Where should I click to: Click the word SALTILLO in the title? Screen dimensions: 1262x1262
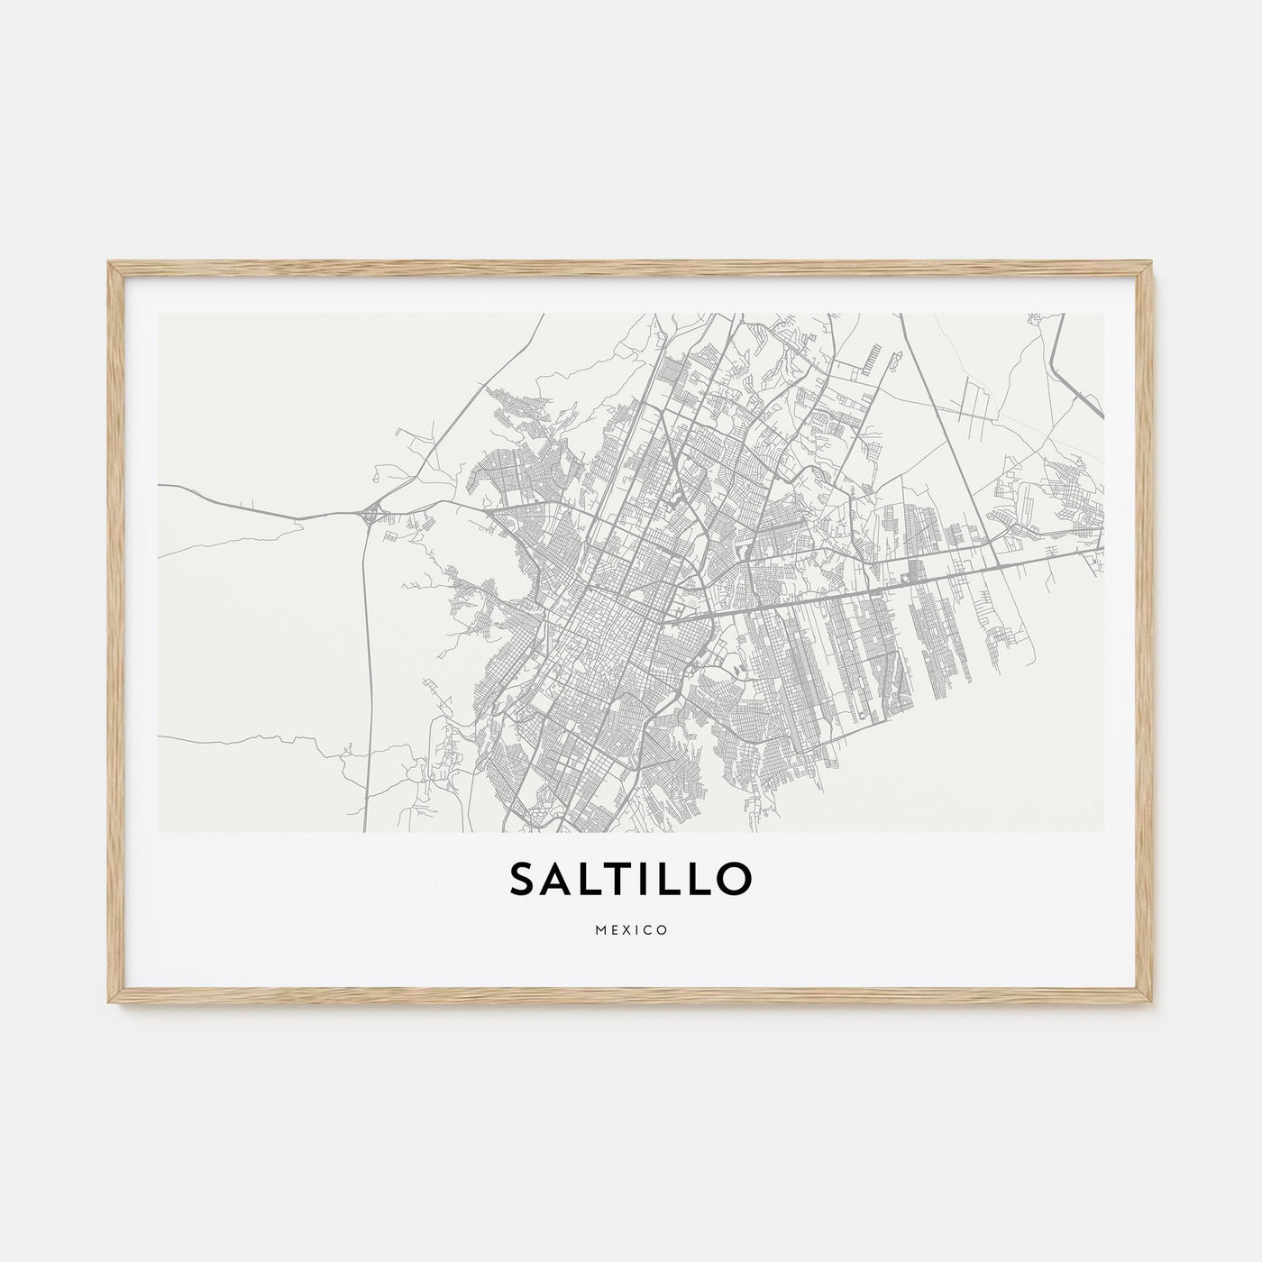point(630,880)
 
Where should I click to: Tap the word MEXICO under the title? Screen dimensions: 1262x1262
point(631,930)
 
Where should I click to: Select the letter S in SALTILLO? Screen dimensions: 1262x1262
point(525,881)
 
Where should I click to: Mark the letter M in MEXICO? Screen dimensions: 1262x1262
point(599,930)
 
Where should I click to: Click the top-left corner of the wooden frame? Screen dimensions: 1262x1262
point(109,262)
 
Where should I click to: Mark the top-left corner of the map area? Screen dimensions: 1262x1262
point(159,315)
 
